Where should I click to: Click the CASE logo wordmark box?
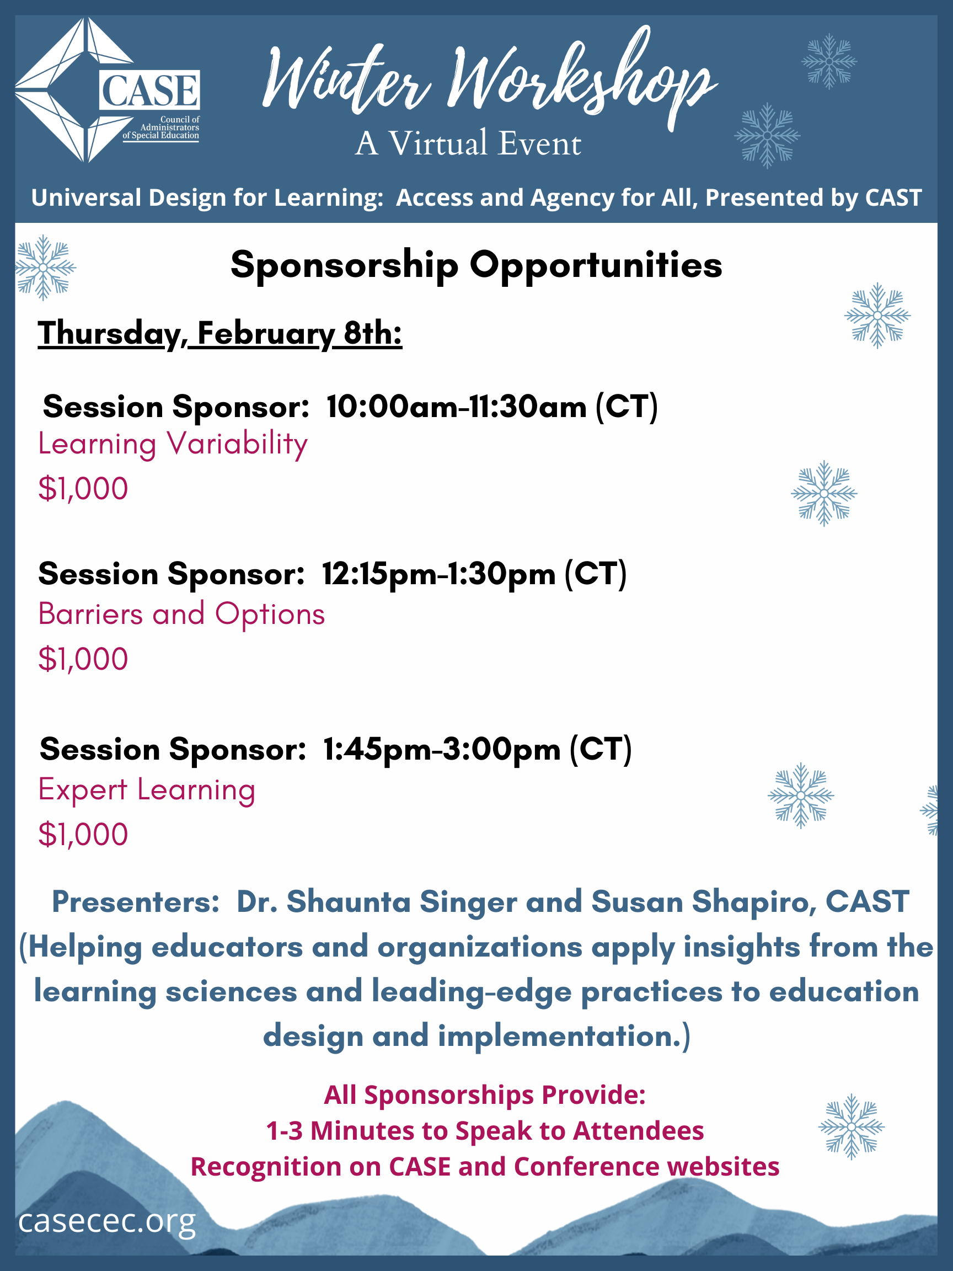(149, 89)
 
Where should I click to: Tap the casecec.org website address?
(107, 1221)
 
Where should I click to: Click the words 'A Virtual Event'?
(468, 143)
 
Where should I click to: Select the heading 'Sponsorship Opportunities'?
(476, 265)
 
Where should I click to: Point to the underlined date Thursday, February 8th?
(220, 334)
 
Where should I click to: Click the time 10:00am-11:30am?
(457, 407)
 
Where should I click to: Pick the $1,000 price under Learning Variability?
(83, 489)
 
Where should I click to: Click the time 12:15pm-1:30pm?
(439, 574)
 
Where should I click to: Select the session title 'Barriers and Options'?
(181, 613)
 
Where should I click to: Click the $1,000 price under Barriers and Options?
(83, 659)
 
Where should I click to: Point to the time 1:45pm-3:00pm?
(442, 750)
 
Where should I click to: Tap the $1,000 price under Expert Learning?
(83, 835)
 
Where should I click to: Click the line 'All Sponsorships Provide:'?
(485, 1095)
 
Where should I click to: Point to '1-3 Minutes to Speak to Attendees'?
(485, 1131)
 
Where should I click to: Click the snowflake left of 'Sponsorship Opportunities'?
(45, 268)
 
